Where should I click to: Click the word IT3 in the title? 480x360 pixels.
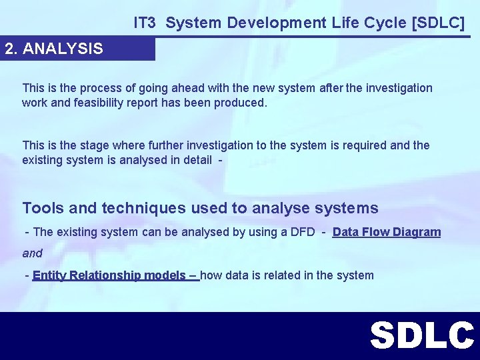click(145, 23)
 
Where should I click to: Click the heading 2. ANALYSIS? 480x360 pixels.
click(54, 49)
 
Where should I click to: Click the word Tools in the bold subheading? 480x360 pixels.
click(43, 208)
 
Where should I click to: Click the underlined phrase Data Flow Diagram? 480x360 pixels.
click(387, 232)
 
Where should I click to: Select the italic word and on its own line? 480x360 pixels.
click(32, 253)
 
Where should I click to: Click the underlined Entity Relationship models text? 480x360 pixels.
click(114, 275)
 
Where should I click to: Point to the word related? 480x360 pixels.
click(273, 275)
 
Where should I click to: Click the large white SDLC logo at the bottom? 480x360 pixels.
click(421, 335)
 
